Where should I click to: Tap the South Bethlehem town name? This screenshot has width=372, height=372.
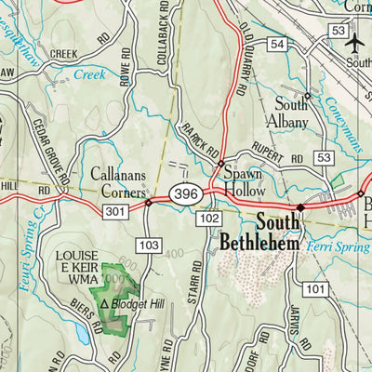259,232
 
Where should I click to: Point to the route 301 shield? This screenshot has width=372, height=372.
115,213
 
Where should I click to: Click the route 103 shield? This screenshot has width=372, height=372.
149,244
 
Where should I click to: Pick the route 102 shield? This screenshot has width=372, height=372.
209,218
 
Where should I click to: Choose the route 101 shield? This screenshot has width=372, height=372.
316,289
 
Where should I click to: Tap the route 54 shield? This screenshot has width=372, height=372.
276,45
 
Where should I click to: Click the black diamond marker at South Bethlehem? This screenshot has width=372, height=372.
300,207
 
